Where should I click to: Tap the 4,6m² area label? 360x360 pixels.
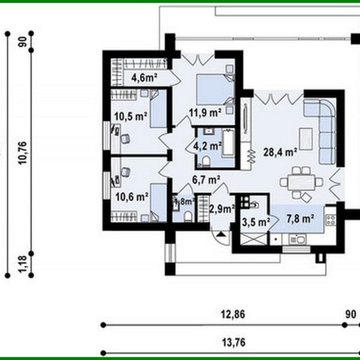tap(145, 77)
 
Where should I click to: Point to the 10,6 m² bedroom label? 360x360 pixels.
tap(131, 196)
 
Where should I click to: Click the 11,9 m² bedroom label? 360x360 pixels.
tap(204, 112)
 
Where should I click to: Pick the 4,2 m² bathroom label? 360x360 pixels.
tap(205, 145)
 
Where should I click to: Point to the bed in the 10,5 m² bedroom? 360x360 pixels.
tap(157, 108)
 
